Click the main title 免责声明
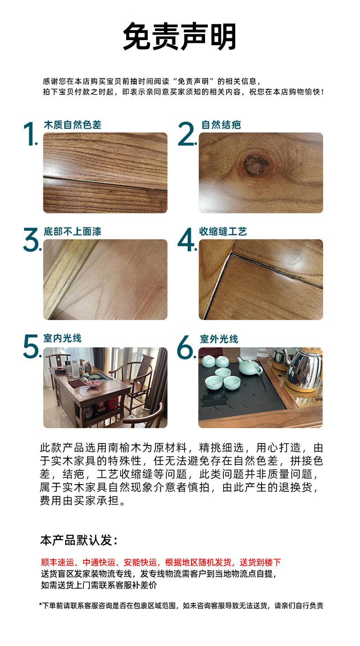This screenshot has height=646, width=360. tap(180, 36)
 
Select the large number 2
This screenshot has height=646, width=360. tap(187, 134)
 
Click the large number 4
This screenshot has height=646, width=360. tap(187, 240)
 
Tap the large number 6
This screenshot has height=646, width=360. tap(186, 347)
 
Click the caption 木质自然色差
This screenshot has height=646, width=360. tap(72, 125)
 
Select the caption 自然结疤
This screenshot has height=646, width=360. tap(221, 125)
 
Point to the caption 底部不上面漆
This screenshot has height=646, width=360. tap(72, 232)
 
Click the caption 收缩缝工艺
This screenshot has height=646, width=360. tap(223, 232)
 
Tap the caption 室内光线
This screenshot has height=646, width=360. tap(62, 338)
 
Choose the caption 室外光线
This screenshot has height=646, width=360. tap(219, 339)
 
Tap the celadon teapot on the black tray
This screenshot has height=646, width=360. tap(250, 366)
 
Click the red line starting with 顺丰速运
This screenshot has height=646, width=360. tap(161, 563)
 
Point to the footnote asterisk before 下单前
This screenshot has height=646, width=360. tap(41, 603)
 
